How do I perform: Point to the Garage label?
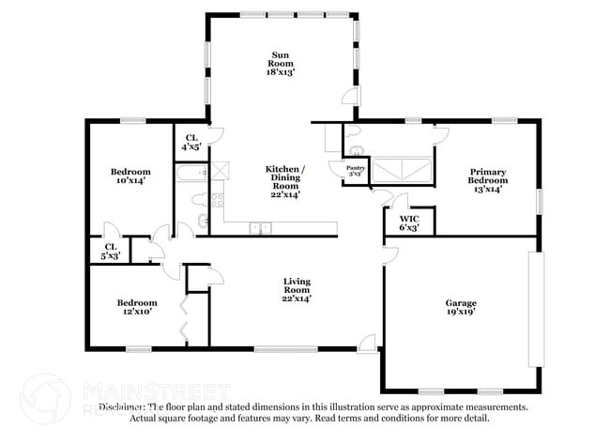click(x=461, y=303)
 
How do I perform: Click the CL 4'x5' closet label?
click(x=191, y=143)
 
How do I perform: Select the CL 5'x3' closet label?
click(x=111, y=250)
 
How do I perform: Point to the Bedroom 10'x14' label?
click(x=130, y=176)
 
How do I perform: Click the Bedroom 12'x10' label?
click(x=137, y=308)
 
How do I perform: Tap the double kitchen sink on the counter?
click(x=260, y=227)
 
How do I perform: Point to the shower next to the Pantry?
click(x=403, y=170)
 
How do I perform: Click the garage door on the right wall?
click(x=535, y=310)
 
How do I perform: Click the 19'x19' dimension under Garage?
click(x=461, y=313)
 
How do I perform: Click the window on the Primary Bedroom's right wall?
click(x=540, y=201)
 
